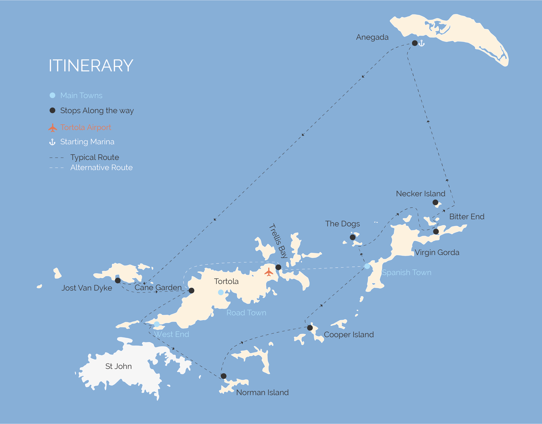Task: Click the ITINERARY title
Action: (x=91, y=66)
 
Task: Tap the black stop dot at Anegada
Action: (x=415, y=43)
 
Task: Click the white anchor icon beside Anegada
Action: (x=422, y=43)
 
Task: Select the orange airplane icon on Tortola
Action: (x=269, y=272)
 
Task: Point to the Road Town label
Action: (x=246, y=313)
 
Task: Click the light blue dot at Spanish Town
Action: (x=367, y=266)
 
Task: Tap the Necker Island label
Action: (x=420, y=194)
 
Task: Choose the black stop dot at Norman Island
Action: (x=223, y=376)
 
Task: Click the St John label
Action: (x=118, y=366)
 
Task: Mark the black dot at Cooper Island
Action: (x=310, y=328)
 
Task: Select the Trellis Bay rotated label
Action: (x=278, y=241)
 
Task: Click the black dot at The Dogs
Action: (x=353, y=237)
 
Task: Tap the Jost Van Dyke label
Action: (x=87, y=288)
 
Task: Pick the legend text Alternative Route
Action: (x=101, y=167)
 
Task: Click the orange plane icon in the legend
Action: (x=53, y=128)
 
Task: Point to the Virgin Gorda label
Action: (x=437, y=252)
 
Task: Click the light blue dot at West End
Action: (x=157, y=324)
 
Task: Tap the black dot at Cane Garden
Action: (x=191, y=291)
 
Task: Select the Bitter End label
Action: (x=467, y=216)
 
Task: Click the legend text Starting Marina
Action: (x=87, y=142)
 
